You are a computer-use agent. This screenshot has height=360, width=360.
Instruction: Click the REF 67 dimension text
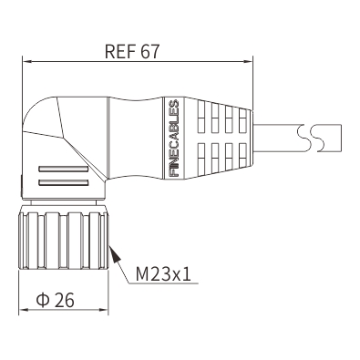132,51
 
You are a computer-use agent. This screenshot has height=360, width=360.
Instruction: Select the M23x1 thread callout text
163,274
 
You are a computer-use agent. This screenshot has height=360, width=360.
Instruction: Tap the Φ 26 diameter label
55,300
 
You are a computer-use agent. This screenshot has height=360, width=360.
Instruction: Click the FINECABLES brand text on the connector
174,139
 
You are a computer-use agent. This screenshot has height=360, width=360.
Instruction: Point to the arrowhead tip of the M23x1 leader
109,246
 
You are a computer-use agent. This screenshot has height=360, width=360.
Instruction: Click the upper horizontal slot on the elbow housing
63,170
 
